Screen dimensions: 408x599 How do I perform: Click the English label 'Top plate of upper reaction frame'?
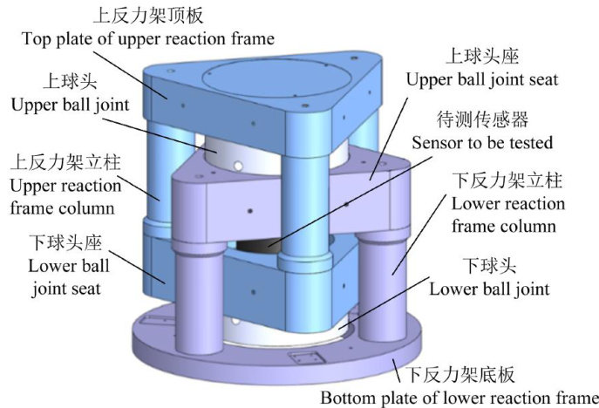(x=147, y=38)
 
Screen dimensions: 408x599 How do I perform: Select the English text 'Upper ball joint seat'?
(x=481, y=79)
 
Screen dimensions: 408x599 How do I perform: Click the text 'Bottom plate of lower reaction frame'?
(x=459, y=398)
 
